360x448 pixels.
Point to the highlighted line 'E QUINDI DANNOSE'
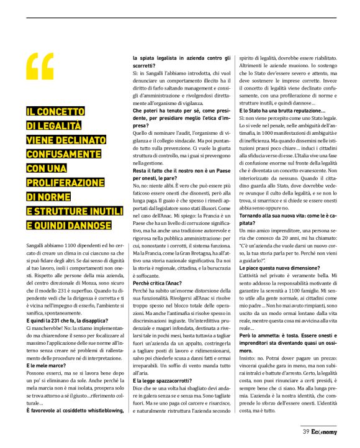pos(69,226)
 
